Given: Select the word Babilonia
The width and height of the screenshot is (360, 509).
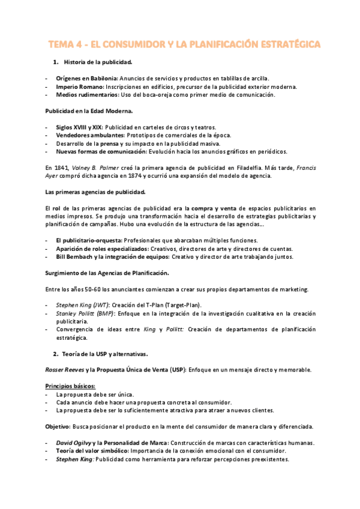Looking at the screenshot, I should pos(103,78).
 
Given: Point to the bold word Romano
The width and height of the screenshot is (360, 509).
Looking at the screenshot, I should pos(87,86).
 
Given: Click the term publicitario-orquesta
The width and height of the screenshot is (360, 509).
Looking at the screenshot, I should pos(91,240).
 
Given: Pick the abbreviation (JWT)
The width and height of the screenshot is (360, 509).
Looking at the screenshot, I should pos(99,306).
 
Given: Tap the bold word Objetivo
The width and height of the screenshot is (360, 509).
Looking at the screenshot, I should pos(58,426).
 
